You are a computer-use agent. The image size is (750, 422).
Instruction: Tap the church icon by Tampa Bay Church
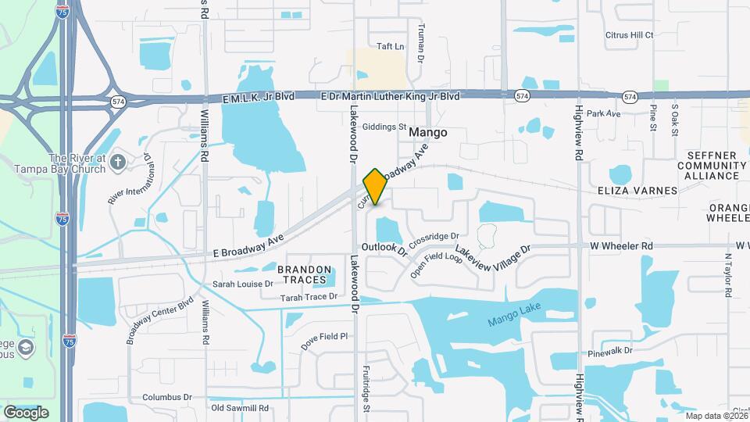click(x=118, y=162)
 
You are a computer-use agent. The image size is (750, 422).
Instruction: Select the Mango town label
click(x=428, y=133)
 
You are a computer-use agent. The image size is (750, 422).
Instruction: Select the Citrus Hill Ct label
click(x=629, y=35)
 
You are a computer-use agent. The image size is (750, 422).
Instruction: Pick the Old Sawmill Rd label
click(x=240, y=408)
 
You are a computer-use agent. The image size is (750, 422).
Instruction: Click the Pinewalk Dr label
click(x=612, y=351)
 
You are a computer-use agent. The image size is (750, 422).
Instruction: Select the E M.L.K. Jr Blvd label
click(x=258, y=97)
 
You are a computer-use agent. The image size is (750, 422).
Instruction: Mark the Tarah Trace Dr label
click(x=309, y=297)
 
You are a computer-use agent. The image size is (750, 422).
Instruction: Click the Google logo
click(x=26, y=413)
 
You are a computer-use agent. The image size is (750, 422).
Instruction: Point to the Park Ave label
click(x=603, y=114)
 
